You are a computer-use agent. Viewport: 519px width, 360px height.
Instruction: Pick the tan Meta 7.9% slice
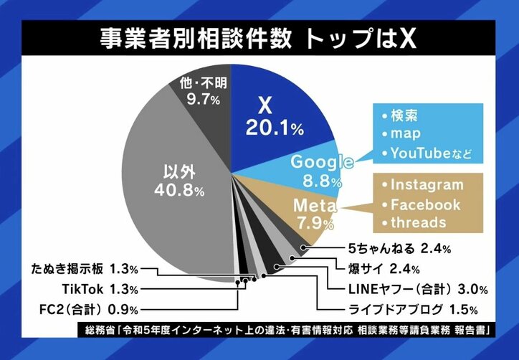click(313, 212)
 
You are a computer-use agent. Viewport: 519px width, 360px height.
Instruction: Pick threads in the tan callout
click(415, 223)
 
